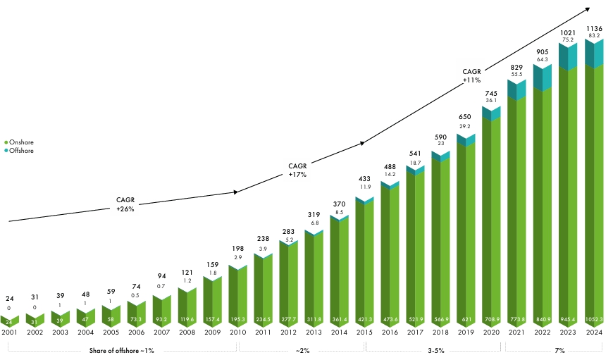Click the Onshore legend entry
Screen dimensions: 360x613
click(21, 142)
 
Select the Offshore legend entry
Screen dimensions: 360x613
click(21, 151)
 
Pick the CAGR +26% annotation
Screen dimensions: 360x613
click(125, 204)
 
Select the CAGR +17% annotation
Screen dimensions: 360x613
click(297, 170)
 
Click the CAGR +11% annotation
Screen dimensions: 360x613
click(471, 76)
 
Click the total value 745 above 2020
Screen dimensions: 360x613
click(491, 94)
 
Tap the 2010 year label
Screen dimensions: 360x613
click(237, 333)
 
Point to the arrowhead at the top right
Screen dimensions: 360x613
click(588, 9)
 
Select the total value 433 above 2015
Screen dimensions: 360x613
click(364, 180)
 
